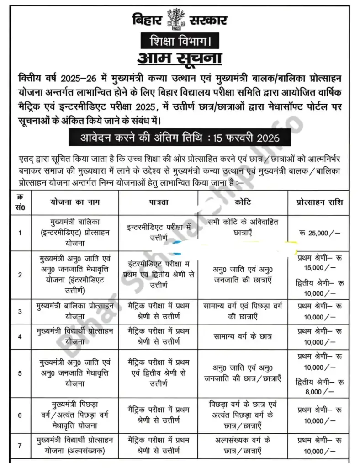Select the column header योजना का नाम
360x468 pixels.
pos(75,202)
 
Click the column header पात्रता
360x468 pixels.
pos(159,202)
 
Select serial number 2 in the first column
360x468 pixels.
pos(20,275)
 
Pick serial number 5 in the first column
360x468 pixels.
pos(20,373)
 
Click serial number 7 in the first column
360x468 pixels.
pos(20,445)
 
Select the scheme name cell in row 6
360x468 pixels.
pos(75,415)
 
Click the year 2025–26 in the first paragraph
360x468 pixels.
pos(78,75)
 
